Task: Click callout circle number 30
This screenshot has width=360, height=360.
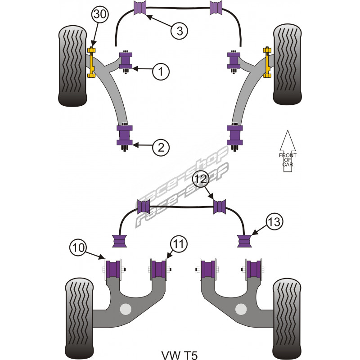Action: coord(100,15)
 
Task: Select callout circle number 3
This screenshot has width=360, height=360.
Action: coord(180,30)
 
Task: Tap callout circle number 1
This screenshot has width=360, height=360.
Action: coord(161,71)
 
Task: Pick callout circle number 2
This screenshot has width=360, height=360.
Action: coord(161,147)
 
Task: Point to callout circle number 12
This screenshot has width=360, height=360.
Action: coord(202,179)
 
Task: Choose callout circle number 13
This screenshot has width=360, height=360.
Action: coord(275,221)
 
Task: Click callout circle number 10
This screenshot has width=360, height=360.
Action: coord(78,247)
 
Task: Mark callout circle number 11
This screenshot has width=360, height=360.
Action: coord(179,244)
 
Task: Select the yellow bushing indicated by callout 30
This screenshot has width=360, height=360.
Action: coord(93,62)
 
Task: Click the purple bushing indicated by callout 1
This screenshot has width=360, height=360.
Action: coord(126,61)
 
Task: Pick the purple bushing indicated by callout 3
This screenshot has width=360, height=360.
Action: coord(140,8)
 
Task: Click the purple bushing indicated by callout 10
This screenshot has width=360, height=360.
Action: coord(113,269)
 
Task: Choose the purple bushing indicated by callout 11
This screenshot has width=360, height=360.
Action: coord(158,269)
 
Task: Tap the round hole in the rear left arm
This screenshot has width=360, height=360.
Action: coord(126,309)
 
